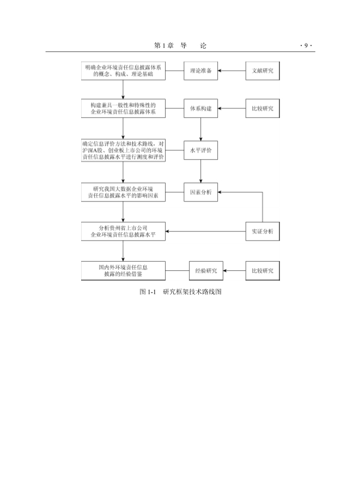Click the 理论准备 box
click(200, 71)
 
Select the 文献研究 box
click(263, 71)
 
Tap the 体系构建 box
click(200, 108)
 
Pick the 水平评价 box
click(200, 150)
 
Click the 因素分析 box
click(200, 192)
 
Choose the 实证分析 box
click(263, 231)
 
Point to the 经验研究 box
click(206, 271)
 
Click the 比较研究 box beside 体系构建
click(263, 108)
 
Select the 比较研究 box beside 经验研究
click(263, 271)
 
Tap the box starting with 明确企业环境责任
click(123, 71)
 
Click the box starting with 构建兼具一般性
click(123, 108)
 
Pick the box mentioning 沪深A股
click(123, 150)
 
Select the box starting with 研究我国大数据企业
click(123, 192)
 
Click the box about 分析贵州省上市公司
click(123, 231)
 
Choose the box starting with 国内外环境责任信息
click(123, 271)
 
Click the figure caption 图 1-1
click(181, 292)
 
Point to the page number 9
click(306, 46)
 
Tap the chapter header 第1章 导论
click(180, 46)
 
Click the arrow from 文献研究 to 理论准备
click(232, 71)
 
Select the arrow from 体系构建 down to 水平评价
click(200, 129)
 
